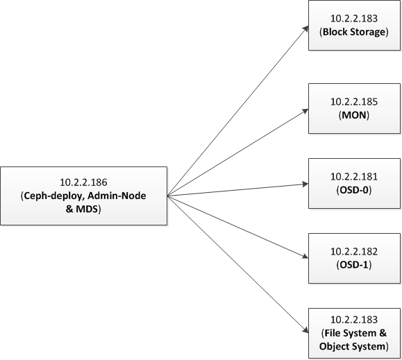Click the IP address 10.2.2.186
click(x=83, y=182)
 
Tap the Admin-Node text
click(x=117, y=196)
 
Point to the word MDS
click(x=87, y=209)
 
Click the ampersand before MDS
click(x=69, y=209)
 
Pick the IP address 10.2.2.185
click(x=354, y=102)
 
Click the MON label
click(x=354, y=115)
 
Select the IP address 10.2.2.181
click(x=354, y=177)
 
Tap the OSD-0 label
click(x=354, y=190)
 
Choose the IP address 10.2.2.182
click(x=354, y=252)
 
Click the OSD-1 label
click(x=354, y=265)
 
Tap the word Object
click(x=334, y=347)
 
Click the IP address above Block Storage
click(x=354, y=19)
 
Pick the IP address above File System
click(x=354, y=320)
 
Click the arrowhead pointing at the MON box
click(x=305, y=111)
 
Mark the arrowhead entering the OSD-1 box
click(x=305, y=256)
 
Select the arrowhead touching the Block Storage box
click(x=305, y=28)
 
